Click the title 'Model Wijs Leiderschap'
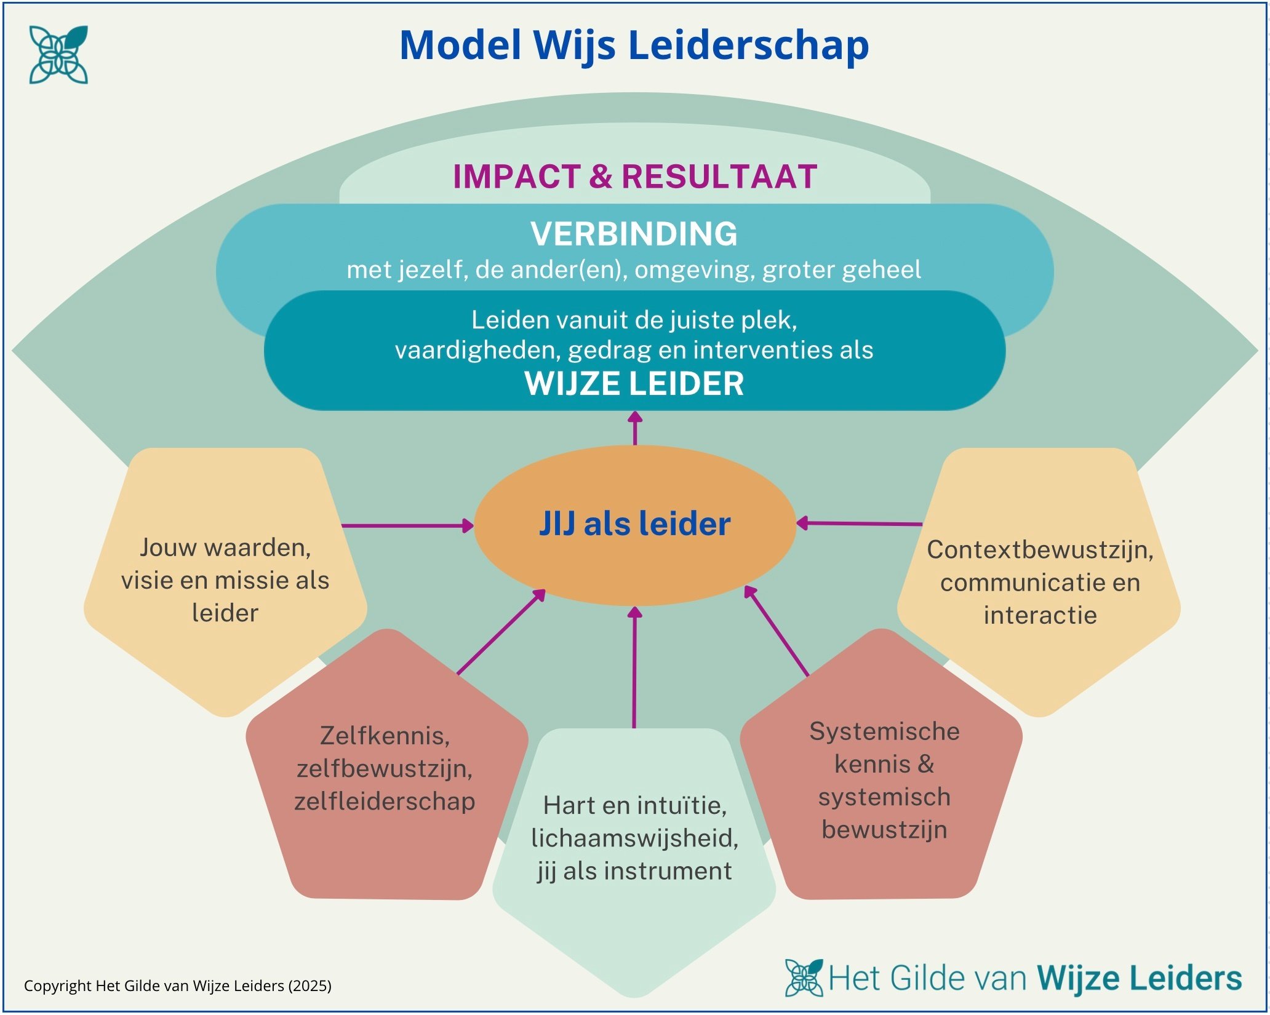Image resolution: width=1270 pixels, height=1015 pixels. pos(634,46)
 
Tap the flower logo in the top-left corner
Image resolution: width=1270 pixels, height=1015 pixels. pos(58,55)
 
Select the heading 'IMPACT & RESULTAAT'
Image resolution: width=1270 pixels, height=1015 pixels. pos(635,177)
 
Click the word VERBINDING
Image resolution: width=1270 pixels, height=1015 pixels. pos(634,234)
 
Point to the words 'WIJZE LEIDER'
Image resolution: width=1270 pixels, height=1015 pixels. pos(634,383)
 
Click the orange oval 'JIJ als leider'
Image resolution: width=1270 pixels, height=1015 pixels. pos(634,524)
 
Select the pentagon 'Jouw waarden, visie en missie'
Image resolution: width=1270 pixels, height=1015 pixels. pos(225,579)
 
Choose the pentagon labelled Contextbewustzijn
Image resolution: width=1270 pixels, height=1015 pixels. pos(1040,581)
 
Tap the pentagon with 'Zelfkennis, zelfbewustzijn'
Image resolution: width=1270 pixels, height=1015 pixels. pos(385,769)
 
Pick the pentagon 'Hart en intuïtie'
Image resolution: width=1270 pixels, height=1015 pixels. pos(634,838)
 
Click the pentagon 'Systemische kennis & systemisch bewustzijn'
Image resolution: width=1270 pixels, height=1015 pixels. pos(884,780)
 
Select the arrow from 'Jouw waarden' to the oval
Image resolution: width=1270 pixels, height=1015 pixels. pos(406,526)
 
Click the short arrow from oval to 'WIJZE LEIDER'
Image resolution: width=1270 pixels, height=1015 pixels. pos(635,428)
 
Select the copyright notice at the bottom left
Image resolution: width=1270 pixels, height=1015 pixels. pos(178,986)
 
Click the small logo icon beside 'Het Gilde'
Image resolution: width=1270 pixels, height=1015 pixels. pos(804,977)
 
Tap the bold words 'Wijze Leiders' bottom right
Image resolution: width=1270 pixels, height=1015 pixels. pos(1139,977)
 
